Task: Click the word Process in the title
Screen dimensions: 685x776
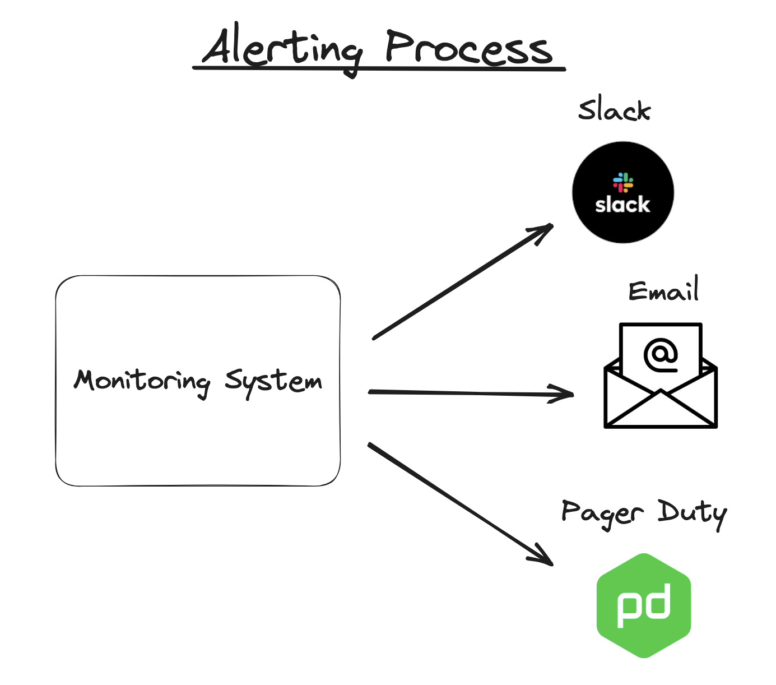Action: coord(468,48)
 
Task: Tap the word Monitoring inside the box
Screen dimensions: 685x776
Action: coord(142,381)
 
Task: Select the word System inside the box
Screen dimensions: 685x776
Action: coord(273,381)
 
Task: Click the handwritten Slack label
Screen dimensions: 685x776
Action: coord(614,110)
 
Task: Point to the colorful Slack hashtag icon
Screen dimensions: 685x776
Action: coord(622,182)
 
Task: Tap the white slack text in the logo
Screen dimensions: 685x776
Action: coord(622,205)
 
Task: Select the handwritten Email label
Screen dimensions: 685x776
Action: coord(663,291)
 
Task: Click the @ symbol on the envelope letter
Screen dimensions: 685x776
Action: coord(661,355)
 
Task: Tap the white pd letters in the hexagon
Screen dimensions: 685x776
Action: coord(644,606)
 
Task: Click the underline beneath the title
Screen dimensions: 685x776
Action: coord(379,69)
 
